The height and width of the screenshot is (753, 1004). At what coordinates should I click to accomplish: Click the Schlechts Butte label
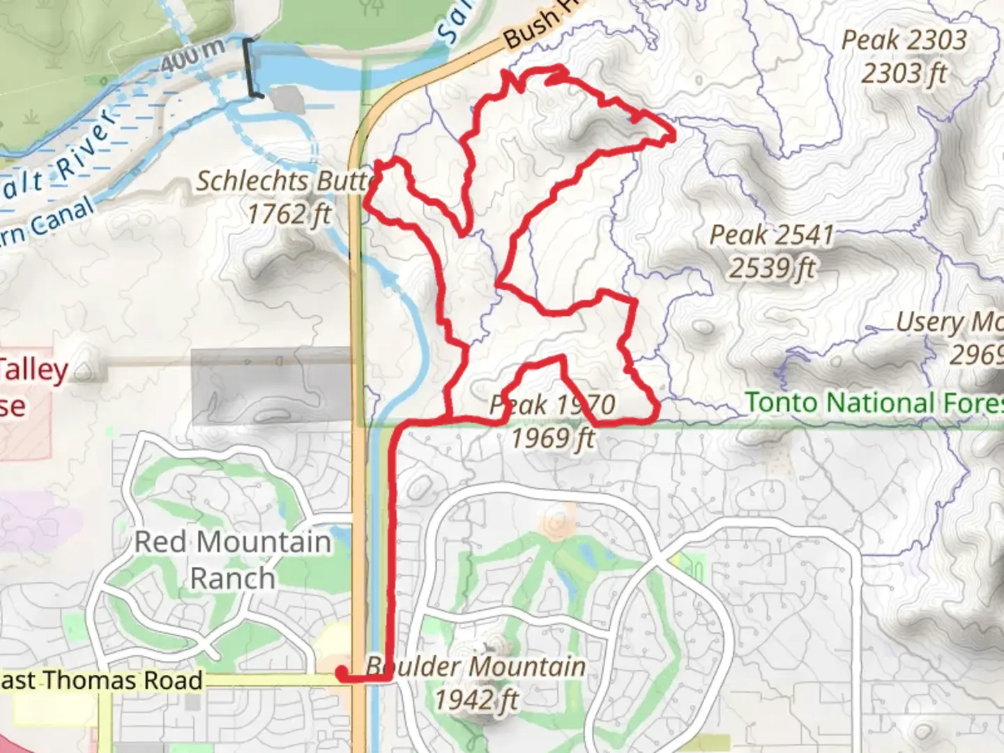click(x=284, y=181)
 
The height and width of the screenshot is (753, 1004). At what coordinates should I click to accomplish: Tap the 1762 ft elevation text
click(x=289, y=214)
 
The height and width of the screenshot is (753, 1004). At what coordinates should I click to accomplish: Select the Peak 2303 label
click(x=904, y=40)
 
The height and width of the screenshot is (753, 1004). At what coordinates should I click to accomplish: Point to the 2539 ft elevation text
click(x=772, y=268)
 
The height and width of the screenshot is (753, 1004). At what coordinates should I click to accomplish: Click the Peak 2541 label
click(x=772, y=235)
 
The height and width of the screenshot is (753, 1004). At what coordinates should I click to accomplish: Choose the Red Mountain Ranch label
click(x=232, y=560)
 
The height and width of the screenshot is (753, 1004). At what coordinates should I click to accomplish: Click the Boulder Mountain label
click(x=476, y=667)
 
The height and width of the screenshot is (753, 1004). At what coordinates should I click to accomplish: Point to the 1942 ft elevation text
click(x=477, y=699)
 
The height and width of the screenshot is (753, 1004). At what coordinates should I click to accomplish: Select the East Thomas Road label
click(x=101, y=680)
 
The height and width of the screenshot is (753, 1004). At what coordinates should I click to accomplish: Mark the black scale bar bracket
click(x=250, y=68)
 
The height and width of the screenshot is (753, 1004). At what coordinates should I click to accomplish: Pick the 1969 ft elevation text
click(x=553, y=439)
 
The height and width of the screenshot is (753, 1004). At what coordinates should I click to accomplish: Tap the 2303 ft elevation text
click(x=904, y=73)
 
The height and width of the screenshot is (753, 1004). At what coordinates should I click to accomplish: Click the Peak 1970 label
click(x=553, y=404)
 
